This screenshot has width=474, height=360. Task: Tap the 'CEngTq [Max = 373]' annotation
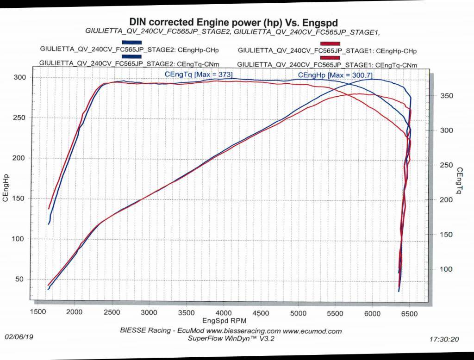198,74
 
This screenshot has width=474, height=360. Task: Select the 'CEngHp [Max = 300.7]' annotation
335,75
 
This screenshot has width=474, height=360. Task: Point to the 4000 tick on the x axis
224,312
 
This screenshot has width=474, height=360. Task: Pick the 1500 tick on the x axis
38,311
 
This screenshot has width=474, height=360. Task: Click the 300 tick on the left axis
19,77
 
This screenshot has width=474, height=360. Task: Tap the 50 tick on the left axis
20,279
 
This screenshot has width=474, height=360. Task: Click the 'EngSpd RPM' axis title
225,321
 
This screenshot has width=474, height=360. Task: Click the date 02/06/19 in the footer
18,338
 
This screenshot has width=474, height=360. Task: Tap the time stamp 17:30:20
444,339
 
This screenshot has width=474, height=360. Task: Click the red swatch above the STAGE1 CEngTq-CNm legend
330,58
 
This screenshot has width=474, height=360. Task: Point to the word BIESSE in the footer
133,331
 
